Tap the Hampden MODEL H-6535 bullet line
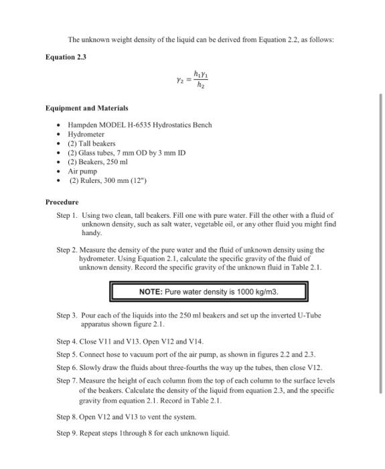point(139,125)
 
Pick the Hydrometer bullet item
point(86,134)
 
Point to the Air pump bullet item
point(82,171)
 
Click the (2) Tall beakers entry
point(92,143)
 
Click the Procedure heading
point(62,202)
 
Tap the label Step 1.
point(68,216)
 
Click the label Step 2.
point(68,249)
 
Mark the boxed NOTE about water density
point(208,292)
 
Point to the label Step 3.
point(68,315)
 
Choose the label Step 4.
point(68,342)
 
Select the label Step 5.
point(68,354)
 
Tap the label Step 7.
point(68,380)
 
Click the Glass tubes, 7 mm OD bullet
point(127,153)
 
